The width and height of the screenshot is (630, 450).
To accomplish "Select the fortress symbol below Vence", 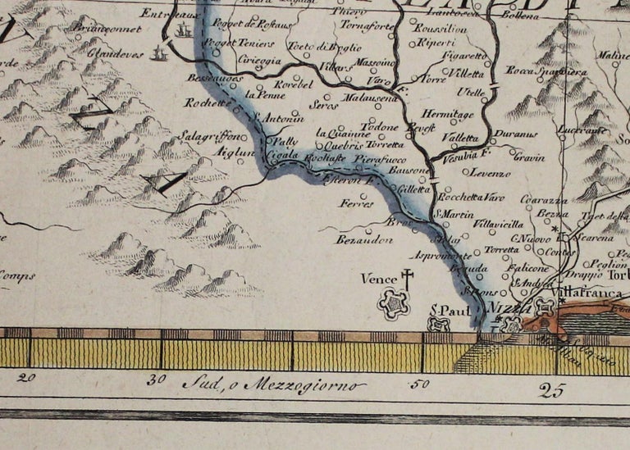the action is pyautogui.click(x=393, y=304).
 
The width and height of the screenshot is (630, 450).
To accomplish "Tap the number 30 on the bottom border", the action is pyautogui.click(x=156, y=380).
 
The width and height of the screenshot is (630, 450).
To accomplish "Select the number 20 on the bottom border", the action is pyautogui.click(x=27, y=378).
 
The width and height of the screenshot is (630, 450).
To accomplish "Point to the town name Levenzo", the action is pyautogui.click(x=486, y=173).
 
